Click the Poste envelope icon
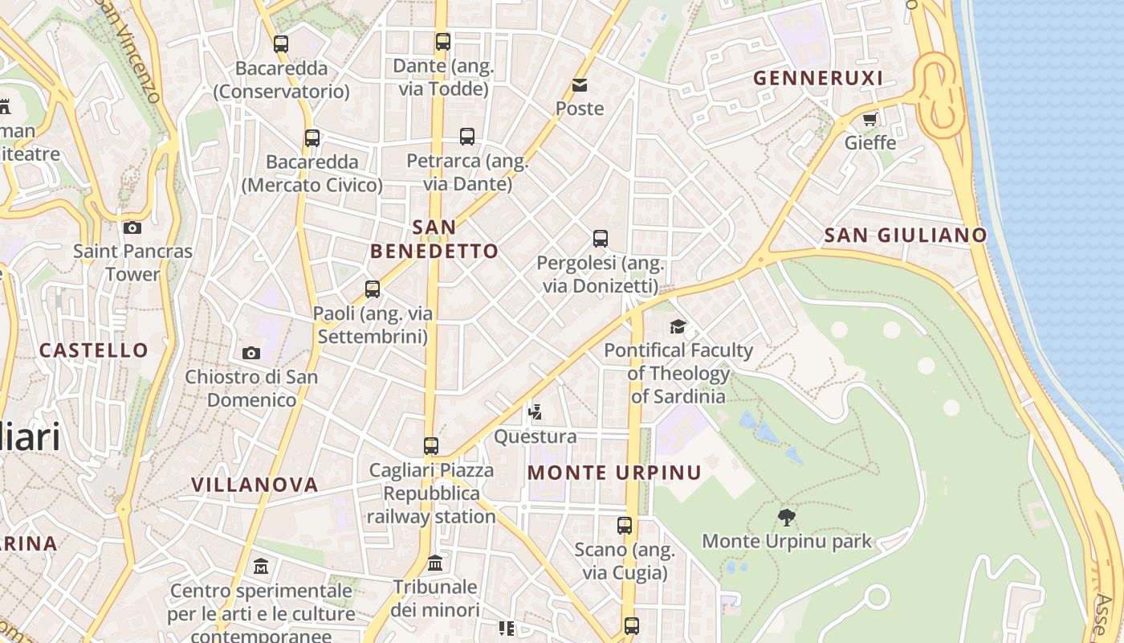579,85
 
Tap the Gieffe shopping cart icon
869,120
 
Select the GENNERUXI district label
817,78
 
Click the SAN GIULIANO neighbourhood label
906,235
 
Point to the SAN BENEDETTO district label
434,239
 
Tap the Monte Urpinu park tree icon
787,518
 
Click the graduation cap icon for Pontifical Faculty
678,326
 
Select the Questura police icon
535,413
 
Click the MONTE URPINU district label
614,473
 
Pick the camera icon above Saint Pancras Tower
132,228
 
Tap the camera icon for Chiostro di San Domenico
251,353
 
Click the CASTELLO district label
94,350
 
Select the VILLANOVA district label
255,485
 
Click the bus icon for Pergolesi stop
601,239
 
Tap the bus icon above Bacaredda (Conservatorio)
281,44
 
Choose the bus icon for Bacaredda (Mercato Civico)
312,138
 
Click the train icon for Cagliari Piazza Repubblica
431,446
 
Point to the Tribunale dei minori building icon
435,562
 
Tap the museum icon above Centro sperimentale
261,567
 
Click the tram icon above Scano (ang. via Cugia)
625,526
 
